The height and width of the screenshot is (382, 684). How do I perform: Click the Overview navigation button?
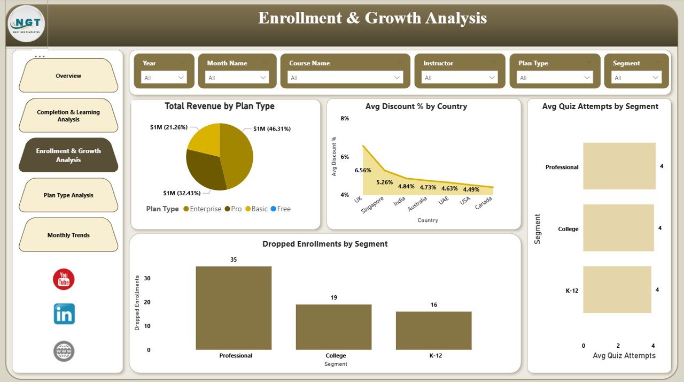pyautogui.click(x=68, y=76)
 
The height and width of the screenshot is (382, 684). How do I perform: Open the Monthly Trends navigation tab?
pyautogui.click(x=68, y=235)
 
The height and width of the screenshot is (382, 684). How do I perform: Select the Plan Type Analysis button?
pyautogui.click(x=68, y=195)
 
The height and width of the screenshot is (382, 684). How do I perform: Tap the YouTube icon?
pyautogui.click(x=64, y=279)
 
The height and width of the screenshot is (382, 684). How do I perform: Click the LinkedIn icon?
pyautogui.click(x=64, y=314)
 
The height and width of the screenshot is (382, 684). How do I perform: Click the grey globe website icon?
pyautogui.click(x=64, y=351)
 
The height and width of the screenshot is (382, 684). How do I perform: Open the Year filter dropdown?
pyautogui.click(x=164, y=78)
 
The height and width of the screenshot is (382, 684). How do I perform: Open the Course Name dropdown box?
pyautogui.click(x=345, y=78)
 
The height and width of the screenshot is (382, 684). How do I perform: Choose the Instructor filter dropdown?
pyautogui.click(x=460, y=78)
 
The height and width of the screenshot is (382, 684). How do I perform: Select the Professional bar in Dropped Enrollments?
pyautogui.click(x=234, y=308)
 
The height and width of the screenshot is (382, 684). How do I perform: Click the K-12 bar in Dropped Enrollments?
pyautogui.click(x=433, y=331)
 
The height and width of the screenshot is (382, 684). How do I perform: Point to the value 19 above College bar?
pyautogui.click(x=334, y=297)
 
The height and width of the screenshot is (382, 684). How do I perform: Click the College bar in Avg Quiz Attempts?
pyautogui.click(x=618, y=228)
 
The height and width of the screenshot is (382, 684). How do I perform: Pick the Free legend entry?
pyautogui.click(x=281, y=209)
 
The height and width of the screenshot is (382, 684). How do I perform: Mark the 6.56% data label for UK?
pyautogui.click(x=362, y=171)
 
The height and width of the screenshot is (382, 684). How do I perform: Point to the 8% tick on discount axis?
pyautogui.click(x=345, y=119)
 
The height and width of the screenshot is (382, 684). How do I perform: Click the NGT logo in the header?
pyautogui.click(x=26, y=24)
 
